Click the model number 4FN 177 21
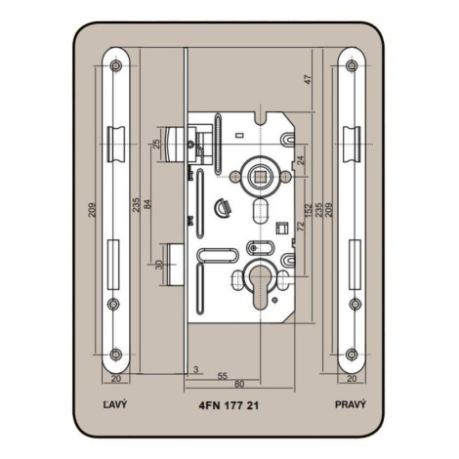(x=229, y=405)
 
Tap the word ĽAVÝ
(x=115, y=404)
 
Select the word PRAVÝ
(x=351, y=404)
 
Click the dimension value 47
(x=308, y=79)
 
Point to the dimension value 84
(x=147, y=204)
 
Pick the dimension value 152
(x=309, y=210)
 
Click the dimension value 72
(x=300, y=225)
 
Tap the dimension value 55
(x=222, y=376)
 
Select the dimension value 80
(x=239, y=385)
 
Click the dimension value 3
(x=195, y=369)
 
